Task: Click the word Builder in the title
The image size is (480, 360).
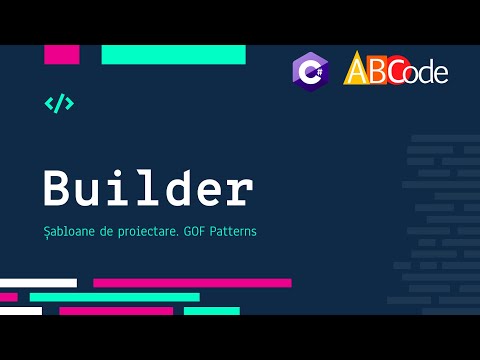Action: point(148,189)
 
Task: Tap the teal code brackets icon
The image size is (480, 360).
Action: point(59,103)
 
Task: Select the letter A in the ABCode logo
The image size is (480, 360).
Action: point(357,69)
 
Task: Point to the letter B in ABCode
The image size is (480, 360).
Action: point(379,68)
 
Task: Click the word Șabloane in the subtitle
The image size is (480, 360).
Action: point(71,231)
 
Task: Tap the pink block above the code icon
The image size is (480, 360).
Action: point(62,54)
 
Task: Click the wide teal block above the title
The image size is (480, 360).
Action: point(173,54)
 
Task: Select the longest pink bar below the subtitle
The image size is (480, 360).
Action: point(192,283)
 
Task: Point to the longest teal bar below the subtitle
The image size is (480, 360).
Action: point(114,297)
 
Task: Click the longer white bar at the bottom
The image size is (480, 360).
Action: point(38,283)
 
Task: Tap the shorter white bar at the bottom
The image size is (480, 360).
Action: point(21,311)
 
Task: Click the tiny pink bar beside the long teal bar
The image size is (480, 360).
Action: point(8,297)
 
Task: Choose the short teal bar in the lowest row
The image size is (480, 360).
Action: point(211,311)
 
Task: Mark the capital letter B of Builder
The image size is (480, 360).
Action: point(59,189)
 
